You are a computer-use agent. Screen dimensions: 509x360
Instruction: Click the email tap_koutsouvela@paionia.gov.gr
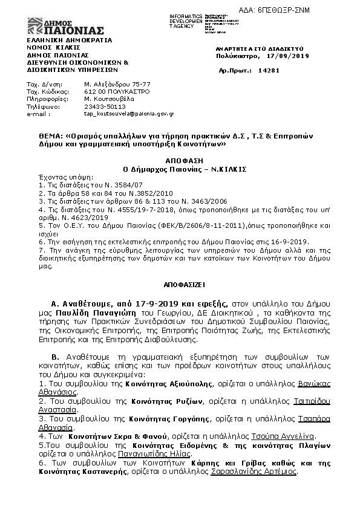(x=129, y=113)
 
